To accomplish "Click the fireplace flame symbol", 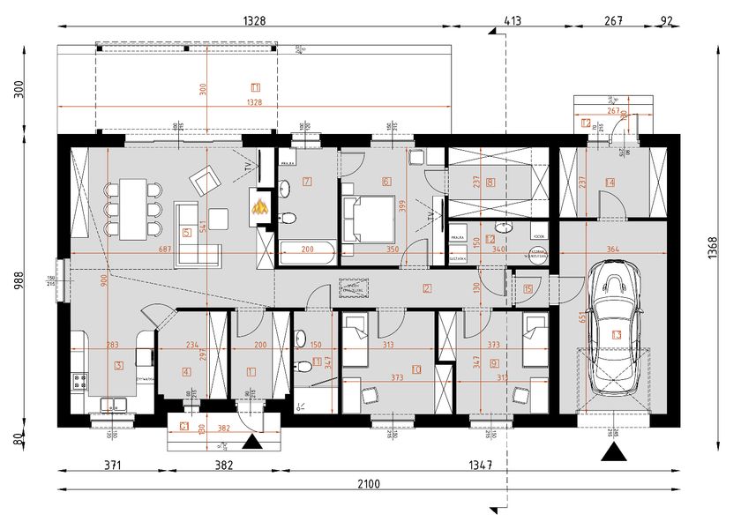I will point(260,207).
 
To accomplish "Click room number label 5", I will point(185,233).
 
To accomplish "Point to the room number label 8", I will point(490,183).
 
